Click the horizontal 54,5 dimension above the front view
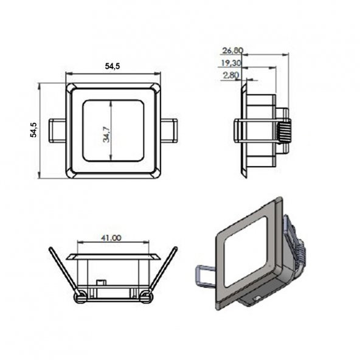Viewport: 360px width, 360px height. click(x=112, y=66)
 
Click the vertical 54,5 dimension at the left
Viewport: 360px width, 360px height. click(x=34, y=130)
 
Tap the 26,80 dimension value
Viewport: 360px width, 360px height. click(x=232, y=50)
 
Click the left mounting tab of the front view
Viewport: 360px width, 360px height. click(x=57, y=130)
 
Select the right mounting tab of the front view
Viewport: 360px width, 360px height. click(x=169, y=130)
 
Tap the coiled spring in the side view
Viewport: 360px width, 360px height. click(x=284, y=130)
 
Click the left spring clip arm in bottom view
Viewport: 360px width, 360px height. click(x=63, y=271)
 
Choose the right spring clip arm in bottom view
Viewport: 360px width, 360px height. click(x=162, y=271)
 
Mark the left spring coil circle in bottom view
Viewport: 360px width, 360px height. click(x=80, y=297)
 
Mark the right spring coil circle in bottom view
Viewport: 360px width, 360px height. click(x=145, y=297)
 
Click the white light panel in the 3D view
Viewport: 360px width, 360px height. click(x=246, y=253)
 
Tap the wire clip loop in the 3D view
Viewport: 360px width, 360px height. click(x=204, y=275)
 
